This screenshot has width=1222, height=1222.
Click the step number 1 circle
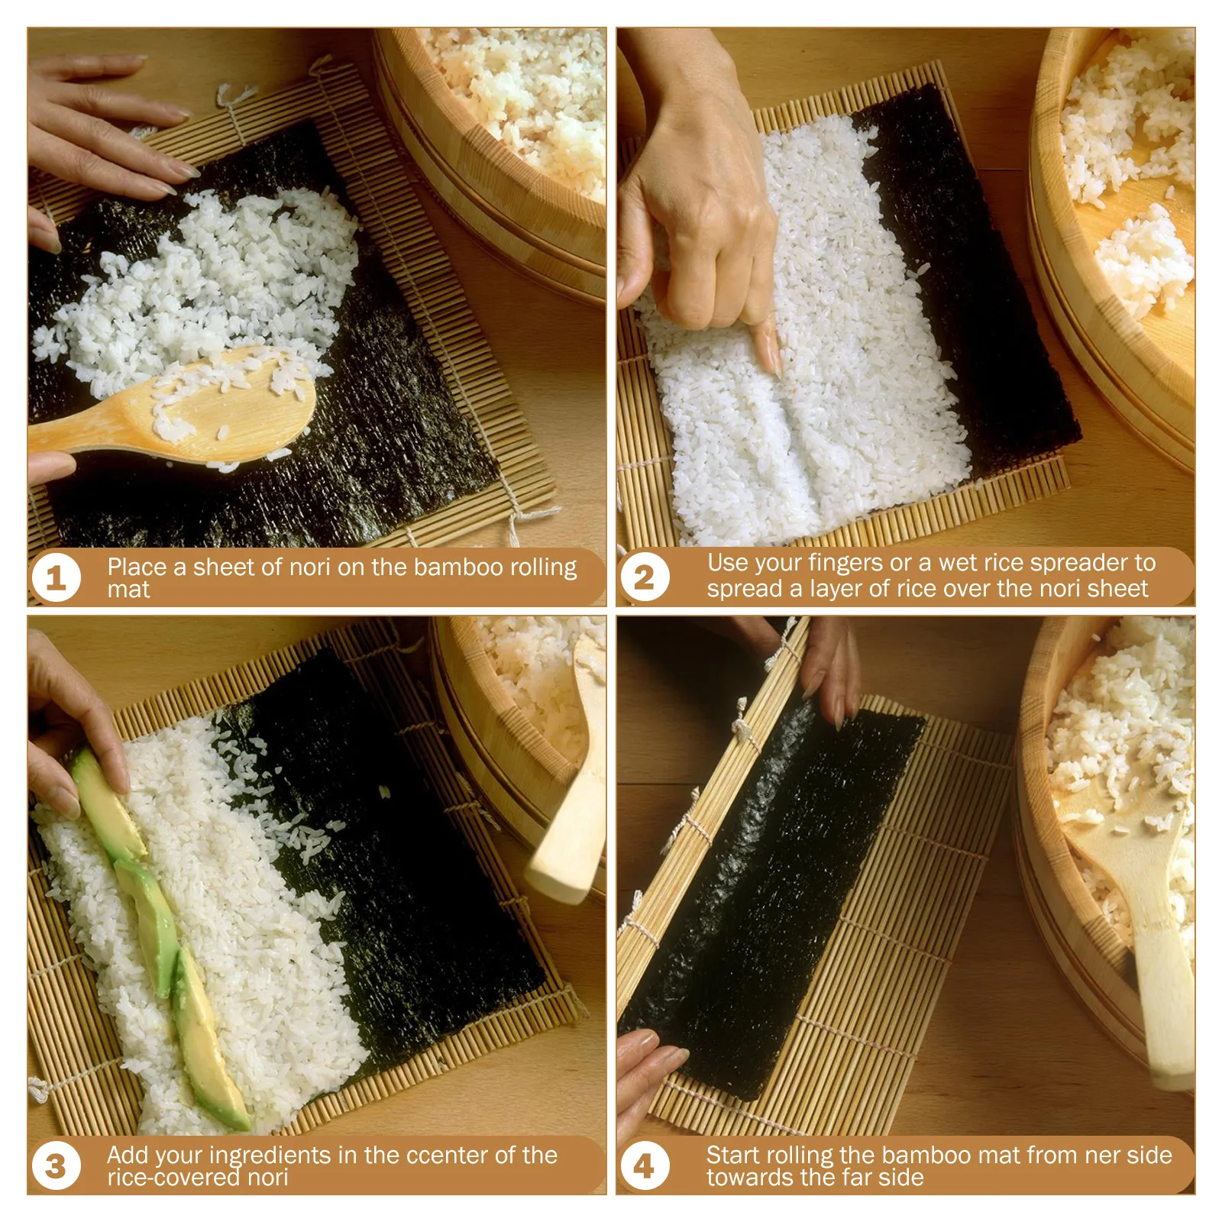[x=57, y=578]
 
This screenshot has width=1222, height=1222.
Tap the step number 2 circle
[x=645, y=578]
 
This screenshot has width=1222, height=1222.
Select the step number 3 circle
[x=57, y=1166]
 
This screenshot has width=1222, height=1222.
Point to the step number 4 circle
[x=645, y=1166]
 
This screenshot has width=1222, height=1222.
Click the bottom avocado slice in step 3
[x=208, y=1039]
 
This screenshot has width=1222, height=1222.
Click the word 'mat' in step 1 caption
[x=128, y=590]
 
